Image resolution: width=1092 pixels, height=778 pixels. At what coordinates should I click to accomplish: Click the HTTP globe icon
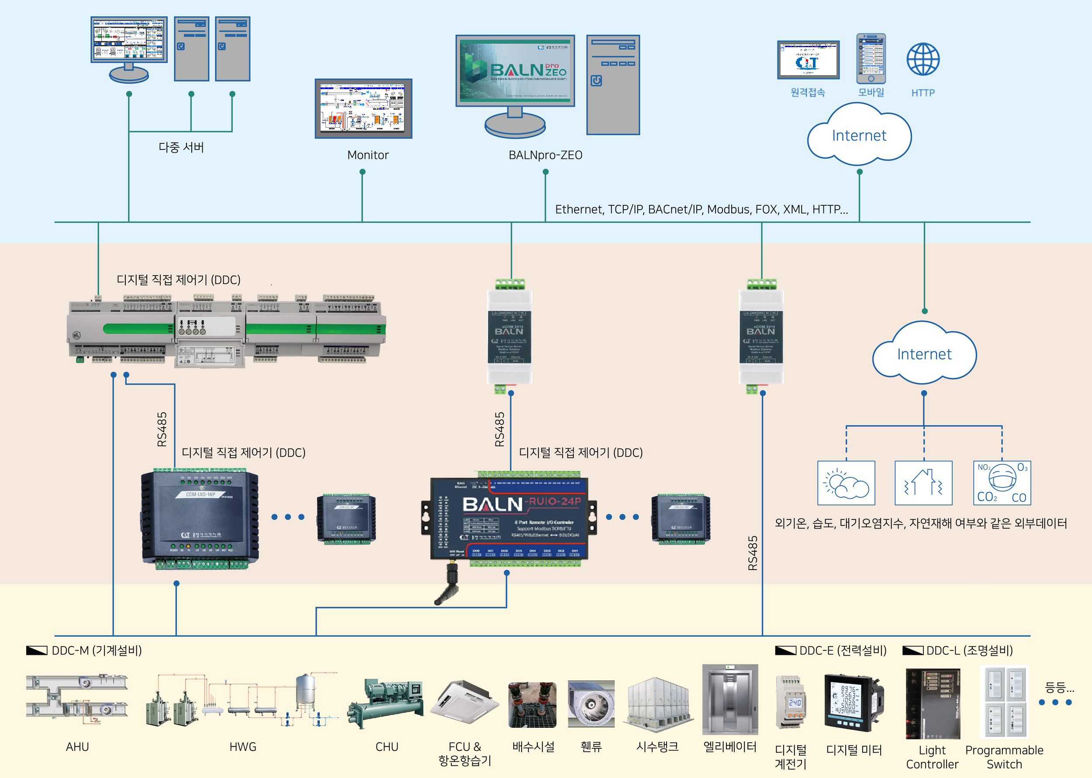coord(923,59)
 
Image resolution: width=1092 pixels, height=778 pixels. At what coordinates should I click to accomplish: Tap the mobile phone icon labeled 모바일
coord(871,59)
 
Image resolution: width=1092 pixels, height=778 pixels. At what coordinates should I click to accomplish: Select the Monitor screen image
coord(363,109)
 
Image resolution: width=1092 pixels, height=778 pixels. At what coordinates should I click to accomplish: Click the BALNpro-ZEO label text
coord(545,155)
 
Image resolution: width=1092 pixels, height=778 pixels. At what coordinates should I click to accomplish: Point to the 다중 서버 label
coord(181,147)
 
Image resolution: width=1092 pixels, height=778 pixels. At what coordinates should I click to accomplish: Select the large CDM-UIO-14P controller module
coord(200,517)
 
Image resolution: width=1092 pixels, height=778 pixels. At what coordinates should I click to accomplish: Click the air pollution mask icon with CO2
coord(1002,483)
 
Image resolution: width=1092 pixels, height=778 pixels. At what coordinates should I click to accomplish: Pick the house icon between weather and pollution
coord(923,483)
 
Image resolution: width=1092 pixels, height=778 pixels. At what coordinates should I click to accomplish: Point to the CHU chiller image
coord(386,703)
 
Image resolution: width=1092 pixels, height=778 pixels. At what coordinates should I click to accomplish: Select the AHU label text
coord(77,747)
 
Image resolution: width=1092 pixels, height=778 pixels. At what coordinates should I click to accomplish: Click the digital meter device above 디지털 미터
coord(854,702)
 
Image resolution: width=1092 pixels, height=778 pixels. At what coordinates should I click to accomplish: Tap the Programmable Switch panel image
coord(1004,702)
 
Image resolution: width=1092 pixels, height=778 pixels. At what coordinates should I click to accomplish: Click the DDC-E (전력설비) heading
coord(843,650)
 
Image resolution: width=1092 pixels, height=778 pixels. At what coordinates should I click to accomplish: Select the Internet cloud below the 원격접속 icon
coord(859,135)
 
